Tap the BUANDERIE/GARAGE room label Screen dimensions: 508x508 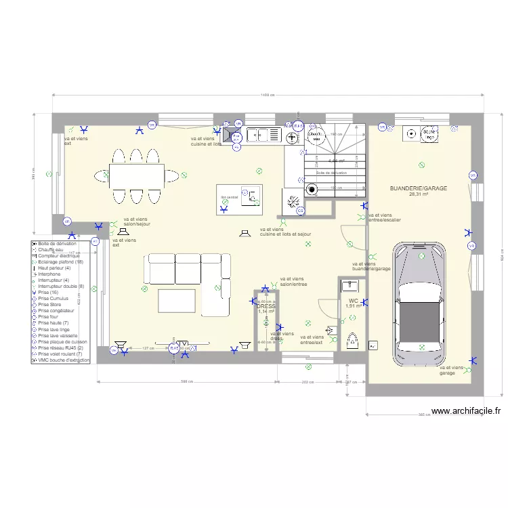click(x=418, y=188)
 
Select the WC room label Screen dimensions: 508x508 click(x=353, y=300)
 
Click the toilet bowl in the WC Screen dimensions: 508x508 click(x=352, y=339)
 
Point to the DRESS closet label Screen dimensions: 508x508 click(x=266, y=306)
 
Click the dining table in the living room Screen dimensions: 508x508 click(x=136, y=176)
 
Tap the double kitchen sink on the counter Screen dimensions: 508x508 click(x=263, y=135)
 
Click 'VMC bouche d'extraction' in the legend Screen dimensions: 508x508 click(x=63, y=360)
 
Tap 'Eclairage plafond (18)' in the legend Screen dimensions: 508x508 click(x=60, y=261)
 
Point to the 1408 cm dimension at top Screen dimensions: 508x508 click(x=267, y=96)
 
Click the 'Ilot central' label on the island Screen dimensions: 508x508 click(x=229, y=198)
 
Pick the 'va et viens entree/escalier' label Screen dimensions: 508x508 click(x=384, y=217)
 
